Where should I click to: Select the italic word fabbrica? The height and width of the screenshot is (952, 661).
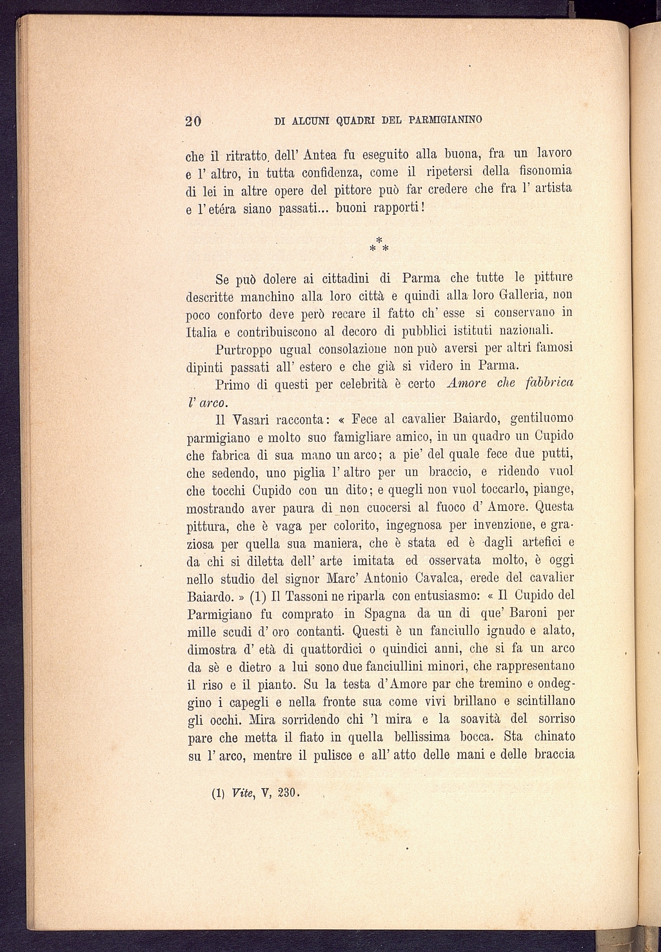tap(549, 383)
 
